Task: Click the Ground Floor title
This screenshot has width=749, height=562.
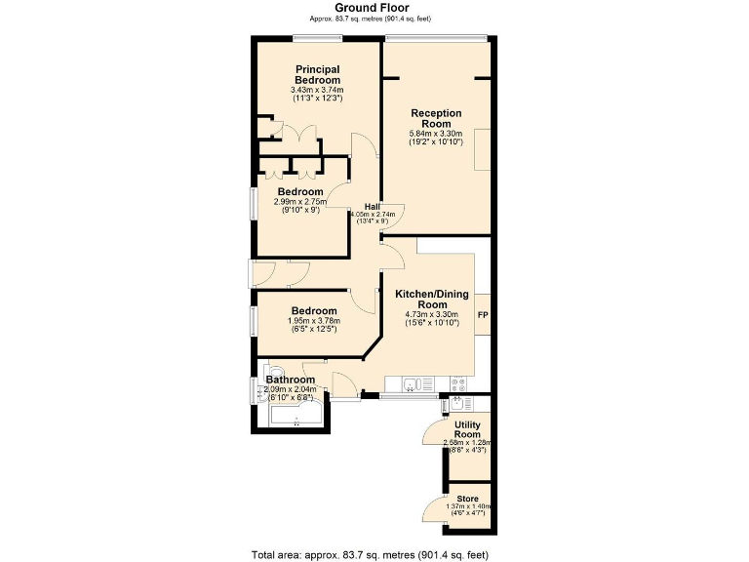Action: (372, 8)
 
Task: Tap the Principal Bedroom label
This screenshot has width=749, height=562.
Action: (318, 75)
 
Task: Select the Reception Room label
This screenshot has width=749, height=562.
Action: (436, 118)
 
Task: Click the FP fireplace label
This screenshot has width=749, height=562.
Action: (483, 315)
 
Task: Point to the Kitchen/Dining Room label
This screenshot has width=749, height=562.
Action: (432, 300)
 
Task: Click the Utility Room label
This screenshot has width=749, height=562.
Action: (467, 429)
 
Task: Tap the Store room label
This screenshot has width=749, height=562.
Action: (467, 499)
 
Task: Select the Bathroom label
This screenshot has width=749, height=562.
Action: (291, 380)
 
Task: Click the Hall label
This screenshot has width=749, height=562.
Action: (373, 207)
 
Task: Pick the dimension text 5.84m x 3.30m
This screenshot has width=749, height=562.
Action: (436, 134)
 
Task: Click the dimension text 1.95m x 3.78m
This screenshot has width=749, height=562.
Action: (314, 321)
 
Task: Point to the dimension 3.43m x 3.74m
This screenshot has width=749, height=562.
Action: (317, 90)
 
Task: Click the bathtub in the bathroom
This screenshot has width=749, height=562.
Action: (296, 414)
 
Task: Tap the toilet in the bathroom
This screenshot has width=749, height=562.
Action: (273, 372)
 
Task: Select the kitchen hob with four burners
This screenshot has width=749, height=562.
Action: (458, 383)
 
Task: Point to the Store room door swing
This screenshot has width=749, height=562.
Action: (434, 508)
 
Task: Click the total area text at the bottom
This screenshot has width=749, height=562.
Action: (370, 555)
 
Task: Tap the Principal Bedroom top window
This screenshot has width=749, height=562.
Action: (318, 38)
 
